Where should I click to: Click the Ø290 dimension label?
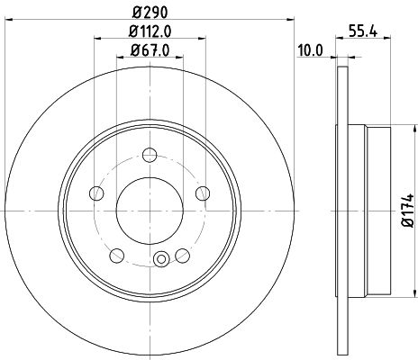pyautogui.click(x=150, y=13)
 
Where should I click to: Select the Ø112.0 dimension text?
pyautogui.click(x=150, y=31)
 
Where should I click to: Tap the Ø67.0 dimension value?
pyautogui.click(x=150, y=50)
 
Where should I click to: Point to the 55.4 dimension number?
pyautogui.click(x=363, y=31)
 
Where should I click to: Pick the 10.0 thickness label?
pyautogui.click(x=310, y=50)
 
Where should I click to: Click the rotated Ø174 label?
pyautogui.click(x=408, y=211)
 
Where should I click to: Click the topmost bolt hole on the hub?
pyautogui.click(x=150, y=155)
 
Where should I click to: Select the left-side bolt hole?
pyautogui.click(x=96, y=193)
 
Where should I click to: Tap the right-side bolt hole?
pyautogui.click(x=203, y=193)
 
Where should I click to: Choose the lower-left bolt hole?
pyautogui.click(x=117, y=256)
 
